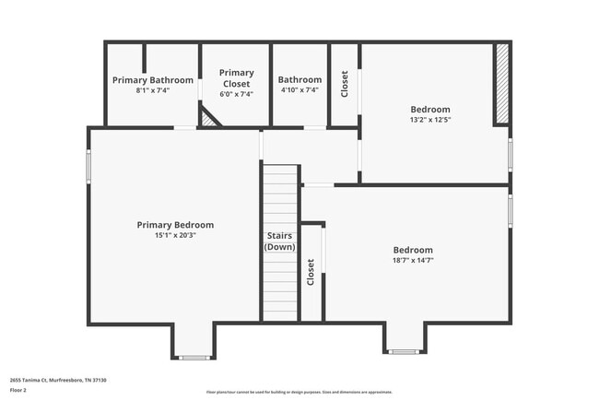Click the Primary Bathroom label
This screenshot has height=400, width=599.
click(x=153, y=80)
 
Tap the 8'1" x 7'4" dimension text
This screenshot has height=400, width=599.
click(x=153, y=90)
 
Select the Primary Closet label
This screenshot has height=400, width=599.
click(x=236, y=77)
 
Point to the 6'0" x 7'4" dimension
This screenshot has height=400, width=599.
click(x=236, y=93)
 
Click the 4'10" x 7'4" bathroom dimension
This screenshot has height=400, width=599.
click(x=299, y=90)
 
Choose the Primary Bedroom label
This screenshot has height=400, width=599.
click(x=175, y=225)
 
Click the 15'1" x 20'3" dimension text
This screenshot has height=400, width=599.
click(x=175, y=235)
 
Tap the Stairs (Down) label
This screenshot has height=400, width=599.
click(x=279, y=241)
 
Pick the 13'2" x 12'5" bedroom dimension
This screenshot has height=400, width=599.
click(x=430, y=120)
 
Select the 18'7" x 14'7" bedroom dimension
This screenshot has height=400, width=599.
click(x=413, y=261)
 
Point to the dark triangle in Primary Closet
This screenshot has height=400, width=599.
click(x=210, y=118)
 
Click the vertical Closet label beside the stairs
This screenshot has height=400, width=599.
click(x=311, y=272)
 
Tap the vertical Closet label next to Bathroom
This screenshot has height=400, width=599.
click(x=345, y=85)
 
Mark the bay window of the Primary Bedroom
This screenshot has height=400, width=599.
click(x=194, y=357)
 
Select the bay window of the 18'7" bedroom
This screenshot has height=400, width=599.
click(x=404, y=351)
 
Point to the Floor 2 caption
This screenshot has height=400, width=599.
click(x=19, y=390)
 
